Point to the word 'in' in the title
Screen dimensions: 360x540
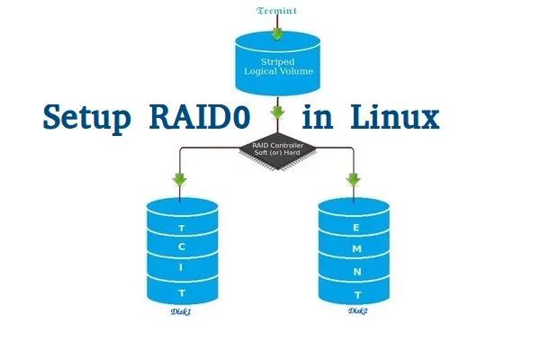[317, 118]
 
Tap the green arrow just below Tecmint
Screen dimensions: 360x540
[278, 33]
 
